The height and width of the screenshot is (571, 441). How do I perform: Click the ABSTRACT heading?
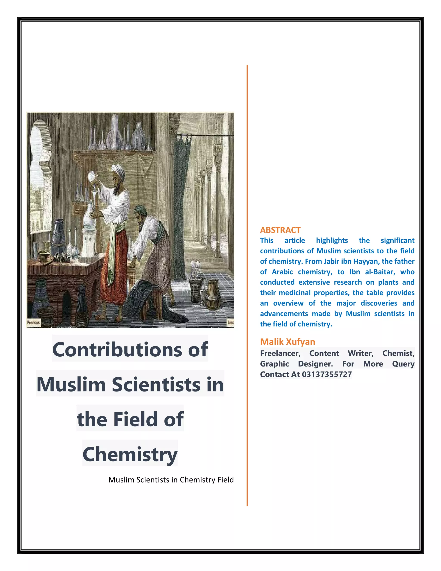(x=280, y=230)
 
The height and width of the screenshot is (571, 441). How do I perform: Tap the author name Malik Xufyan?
(x=287, y=342)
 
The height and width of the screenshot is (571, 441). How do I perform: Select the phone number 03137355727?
(x=327, y=374)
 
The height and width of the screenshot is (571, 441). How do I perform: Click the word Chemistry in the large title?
(x=130, y=454)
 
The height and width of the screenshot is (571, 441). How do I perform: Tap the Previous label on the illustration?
(x=33, y=322)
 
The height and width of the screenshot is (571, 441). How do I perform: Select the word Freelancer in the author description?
(x=280, y=353)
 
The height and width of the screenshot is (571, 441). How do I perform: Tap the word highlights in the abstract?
(x=332, y=240)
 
